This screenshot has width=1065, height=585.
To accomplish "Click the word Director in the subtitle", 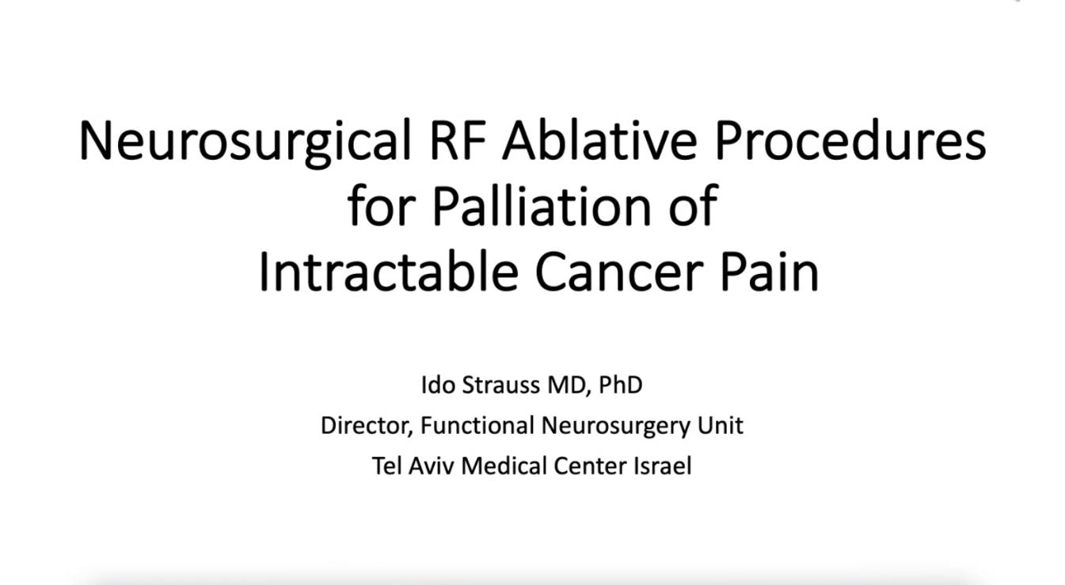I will coord(366,426).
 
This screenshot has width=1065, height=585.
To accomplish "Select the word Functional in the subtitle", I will coord(477,426).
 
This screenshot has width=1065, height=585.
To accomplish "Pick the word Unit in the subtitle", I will coord(720,426).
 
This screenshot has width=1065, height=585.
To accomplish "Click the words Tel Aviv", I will coord(413,465).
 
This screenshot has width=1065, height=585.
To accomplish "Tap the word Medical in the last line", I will coord(504,465).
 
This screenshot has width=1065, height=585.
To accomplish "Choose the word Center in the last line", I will coord(590,465).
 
